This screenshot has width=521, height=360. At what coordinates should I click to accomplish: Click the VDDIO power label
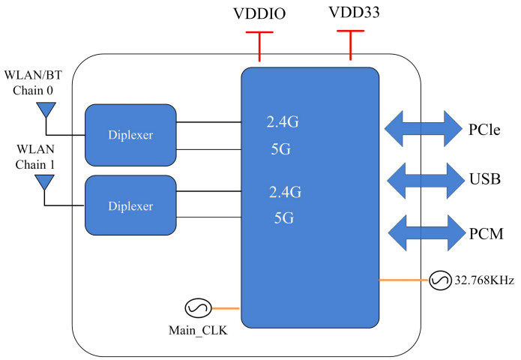[259, 15]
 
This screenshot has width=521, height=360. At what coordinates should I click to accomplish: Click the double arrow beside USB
[421, 179]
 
